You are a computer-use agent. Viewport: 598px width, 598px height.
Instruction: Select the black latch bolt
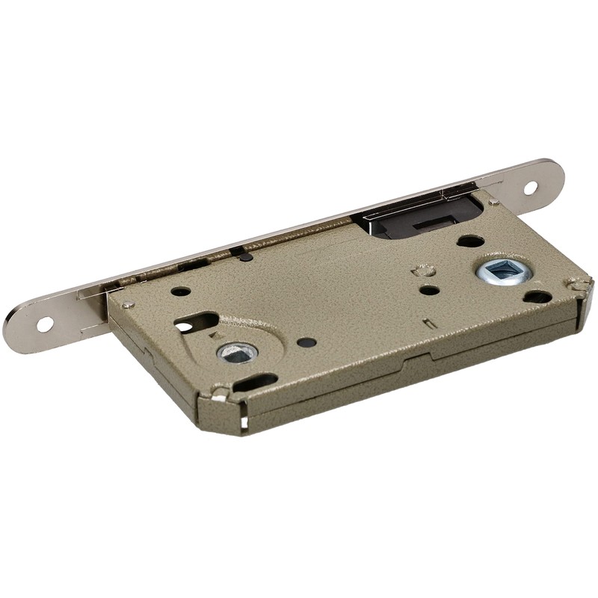click(x=419, y=218)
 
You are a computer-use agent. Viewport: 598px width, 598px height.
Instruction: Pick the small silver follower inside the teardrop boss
click(x=238, y=353)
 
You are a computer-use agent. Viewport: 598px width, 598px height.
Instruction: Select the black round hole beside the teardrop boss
click(x=306, y=342)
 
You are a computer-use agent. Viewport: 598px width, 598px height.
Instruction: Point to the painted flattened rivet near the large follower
click(x=424, y=269)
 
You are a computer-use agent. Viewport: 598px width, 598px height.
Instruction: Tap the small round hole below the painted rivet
click(x=429, y=289)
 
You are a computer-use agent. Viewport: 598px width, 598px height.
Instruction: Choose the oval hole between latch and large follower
click(x=470, y=241)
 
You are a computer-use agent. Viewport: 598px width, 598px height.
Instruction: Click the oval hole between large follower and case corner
click(x=537, y=297)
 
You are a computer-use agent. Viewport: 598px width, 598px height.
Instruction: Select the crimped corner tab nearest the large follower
click(x=579, y=284)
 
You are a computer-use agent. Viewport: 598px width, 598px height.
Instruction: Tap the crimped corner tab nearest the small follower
click(x=218, y=392)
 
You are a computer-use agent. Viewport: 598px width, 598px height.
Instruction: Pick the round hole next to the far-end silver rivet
click(x=180, y=292)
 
